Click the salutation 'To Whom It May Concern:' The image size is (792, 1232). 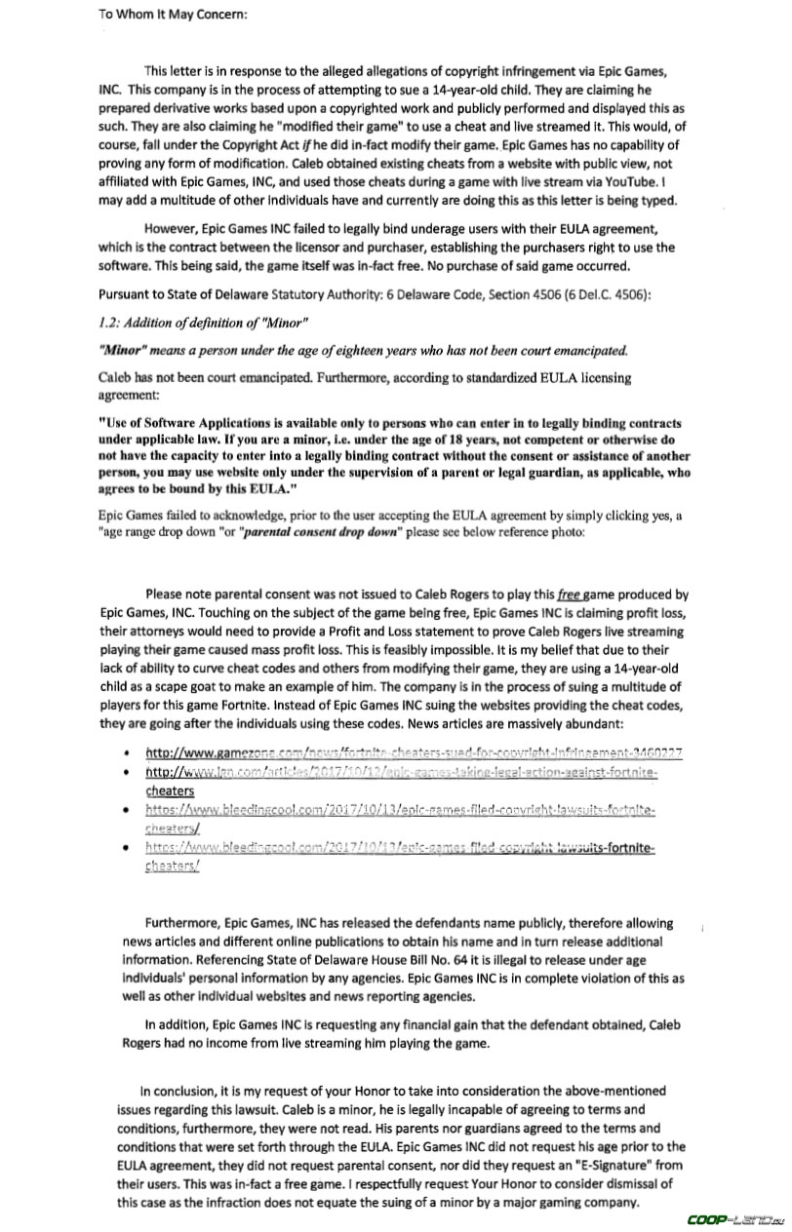click(x=174, y=14)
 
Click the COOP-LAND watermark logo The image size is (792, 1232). click(x=735, y=1218)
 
